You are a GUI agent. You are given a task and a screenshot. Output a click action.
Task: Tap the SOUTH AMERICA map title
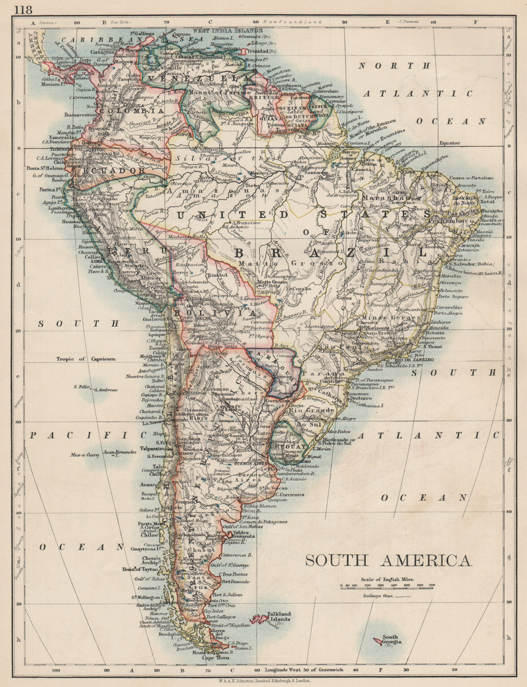(388, 561)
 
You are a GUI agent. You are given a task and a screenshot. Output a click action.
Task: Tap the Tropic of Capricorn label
(84, 359)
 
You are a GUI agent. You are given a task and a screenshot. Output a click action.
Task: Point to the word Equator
(449, 143)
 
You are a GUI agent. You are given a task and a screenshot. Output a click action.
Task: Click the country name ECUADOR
(111, 170)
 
